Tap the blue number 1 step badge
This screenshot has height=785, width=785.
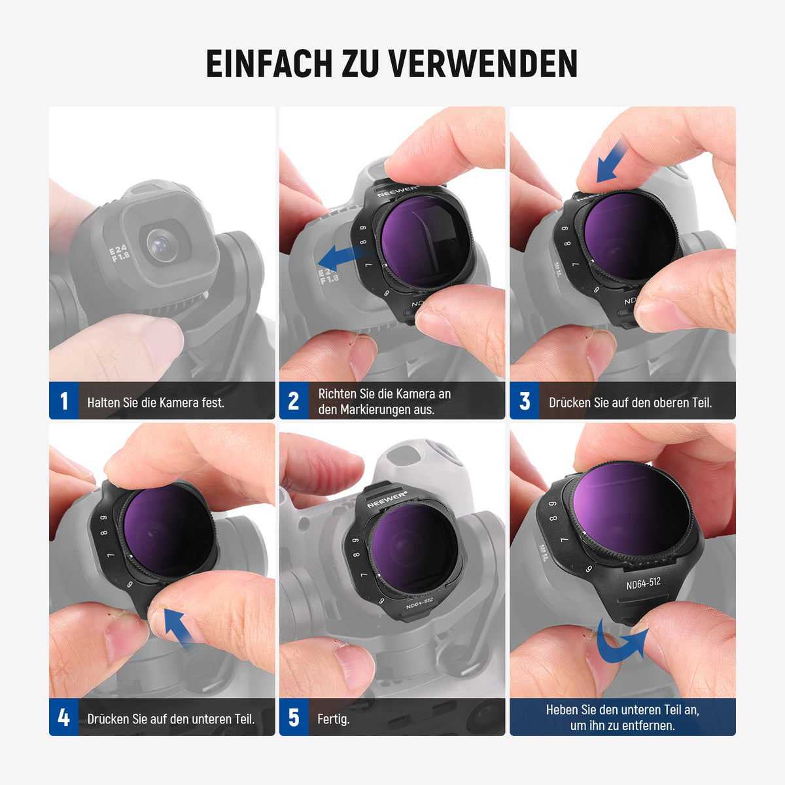click(x=63, y=401)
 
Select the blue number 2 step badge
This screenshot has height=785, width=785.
click(x=294, y=401)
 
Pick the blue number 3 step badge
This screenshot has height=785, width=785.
click(x=524, y=401)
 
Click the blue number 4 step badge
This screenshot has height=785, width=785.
click(x=63, y=718)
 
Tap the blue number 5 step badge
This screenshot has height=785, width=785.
click(x=294, y=718)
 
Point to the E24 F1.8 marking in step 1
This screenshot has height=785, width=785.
click(x=119, y=253)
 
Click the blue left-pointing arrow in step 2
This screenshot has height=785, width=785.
click(x=341, y=258)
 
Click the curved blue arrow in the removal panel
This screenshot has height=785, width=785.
click(x=621, y=643)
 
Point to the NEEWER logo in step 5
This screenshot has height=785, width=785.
click(x=387, y=499)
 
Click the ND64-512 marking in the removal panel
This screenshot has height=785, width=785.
click(x=644, y=584)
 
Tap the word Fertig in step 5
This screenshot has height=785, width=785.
click(x=333, y=719)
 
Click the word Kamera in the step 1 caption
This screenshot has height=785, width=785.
click(x=179, y=402)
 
